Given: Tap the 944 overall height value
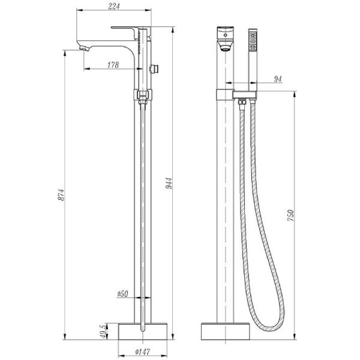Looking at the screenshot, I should (170, 184).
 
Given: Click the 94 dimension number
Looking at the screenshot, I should (277, 79).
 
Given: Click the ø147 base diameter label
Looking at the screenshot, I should (143, 352).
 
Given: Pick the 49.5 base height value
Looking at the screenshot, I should (103, 331).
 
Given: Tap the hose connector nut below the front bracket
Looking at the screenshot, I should (242, 106).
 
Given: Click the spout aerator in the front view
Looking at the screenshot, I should (224, 50).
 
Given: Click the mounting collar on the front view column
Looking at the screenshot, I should (224, 94).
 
